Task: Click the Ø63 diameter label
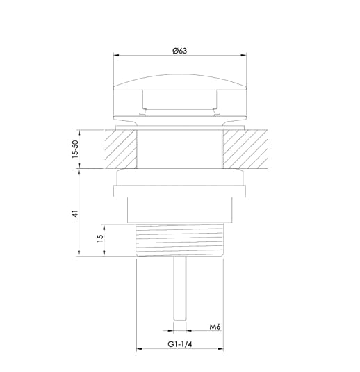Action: click(x=179, y=51)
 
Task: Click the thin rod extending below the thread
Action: click(x=179, y=289)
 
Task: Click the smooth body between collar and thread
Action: click(x=179, y=212)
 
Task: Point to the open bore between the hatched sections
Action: click(x=179, y=148)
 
